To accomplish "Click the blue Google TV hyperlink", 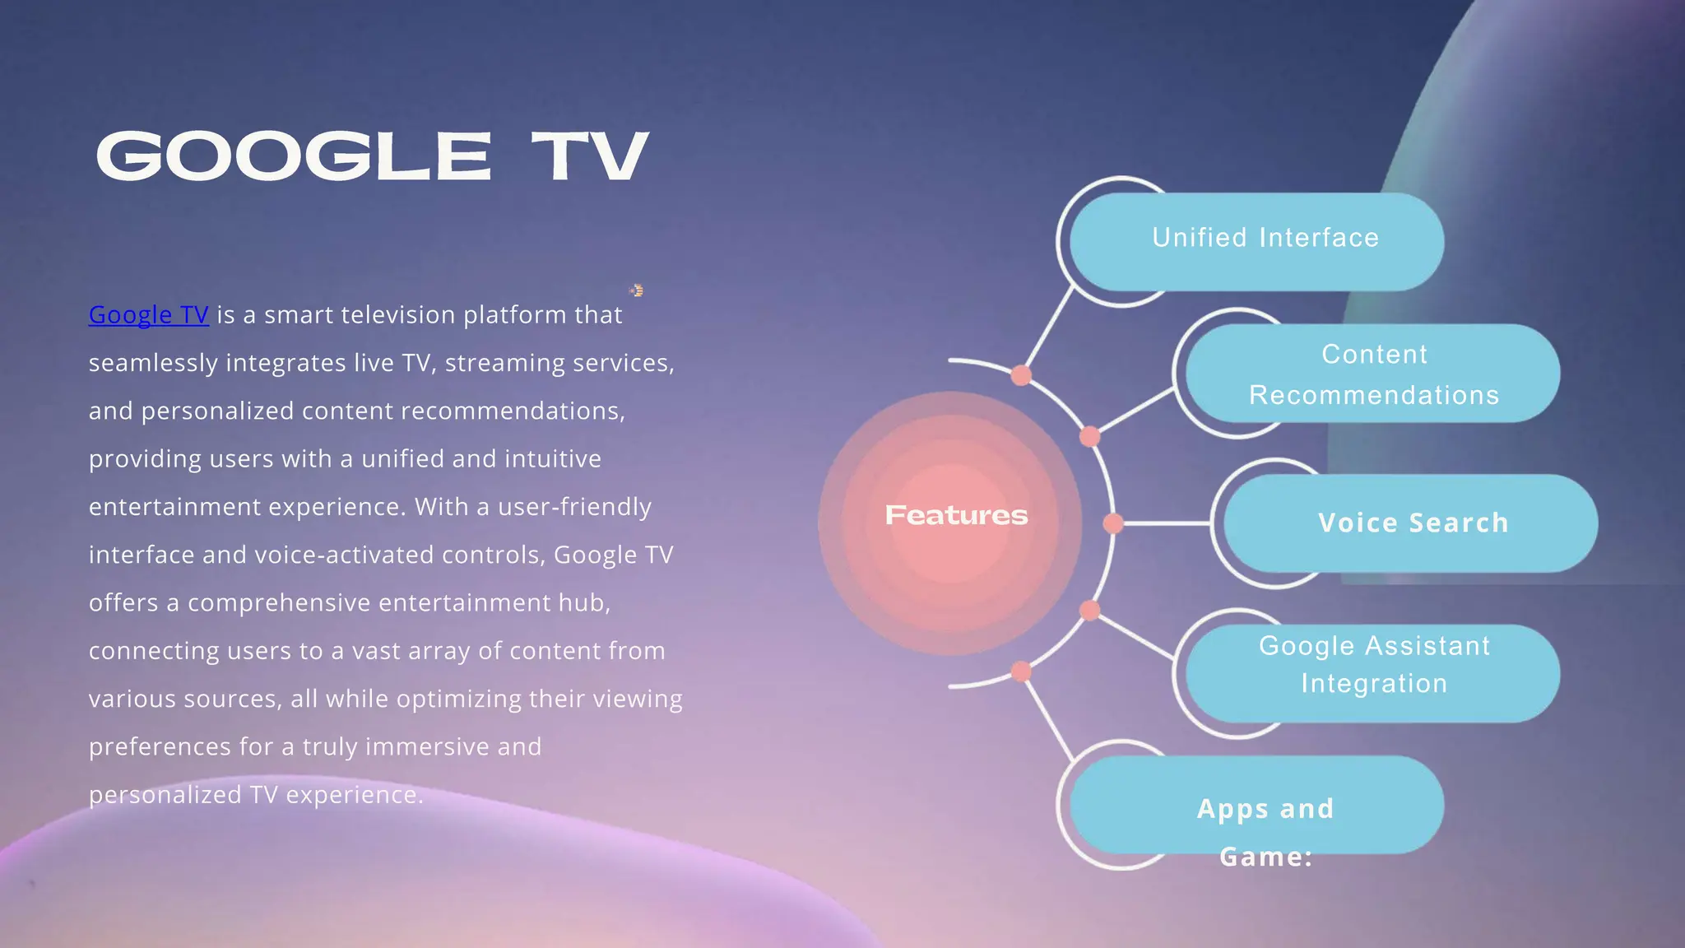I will click(x=148, y=315).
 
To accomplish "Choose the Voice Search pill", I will click(x=1411, y=523).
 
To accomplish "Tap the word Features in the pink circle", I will click(x=956, y=515).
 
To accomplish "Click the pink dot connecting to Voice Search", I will click(x=1112, y=523).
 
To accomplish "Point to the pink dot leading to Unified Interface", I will click(x=1021, y=375).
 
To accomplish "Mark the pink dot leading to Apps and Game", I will click(x=1021, y=671).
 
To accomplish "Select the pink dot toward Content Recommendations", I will click(x=1089, y=436).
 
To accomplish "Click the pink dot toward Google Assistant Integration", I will click(x=1089, y=611).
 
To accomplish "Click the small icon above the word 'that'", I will click(x=636, y=290).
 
